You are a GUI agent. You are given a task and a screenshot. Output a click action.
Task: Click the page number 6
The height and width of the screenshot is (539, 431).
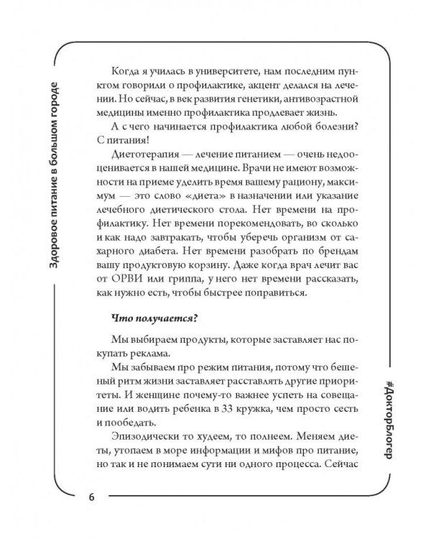(x=91, y=498)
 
